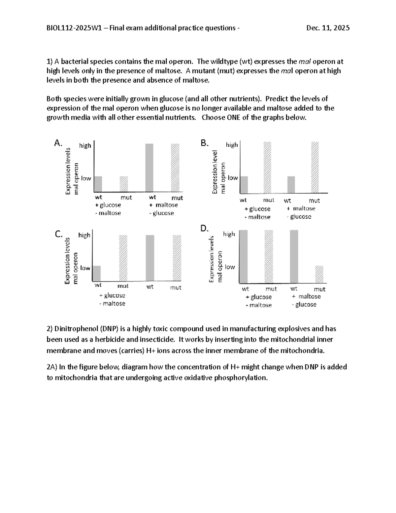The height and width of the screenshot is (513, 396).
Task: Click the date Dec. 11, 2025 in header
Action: (x=328, y=28)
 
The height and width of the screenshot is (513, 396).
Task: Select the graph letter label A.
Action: (x=58, y=143)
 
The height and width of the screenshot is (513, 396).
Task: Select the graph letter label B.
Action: (x=205, y=143)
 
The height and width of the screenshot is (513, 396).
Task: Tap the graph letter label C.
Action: (x=59, y=234)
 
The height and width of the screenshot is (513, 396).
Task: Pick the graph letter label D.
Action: (x=205, y=228)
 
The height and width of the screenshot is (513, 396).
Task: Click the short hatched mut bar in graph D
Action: (x=319, y=274)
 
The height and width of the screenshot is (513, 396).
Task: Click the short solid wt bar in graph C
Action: (x=96, y=273)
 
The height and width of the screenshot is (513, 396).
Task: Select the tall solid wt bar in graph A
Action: (x=149, y=168)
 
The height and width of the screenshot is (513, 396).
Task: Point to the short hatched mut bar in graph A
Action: (x=123, y=184)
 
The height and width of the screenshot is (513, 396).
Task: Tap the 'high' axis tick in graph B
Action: (x=232, y=145)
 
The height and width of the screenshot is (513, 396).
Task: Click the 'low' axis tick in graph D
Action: (x=230, y=267)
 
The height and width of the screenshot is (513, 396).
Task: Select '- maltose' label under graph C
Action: (x=112, y=304)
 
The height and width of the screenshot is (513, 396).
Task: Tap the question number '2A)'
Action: (x=52, y=367)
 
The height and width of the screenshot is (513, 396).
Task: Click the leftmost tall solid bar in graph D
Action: (x=243, y=256)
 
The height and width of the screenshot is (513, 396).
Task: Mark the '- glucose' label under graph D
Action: (x=304, y=305)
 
